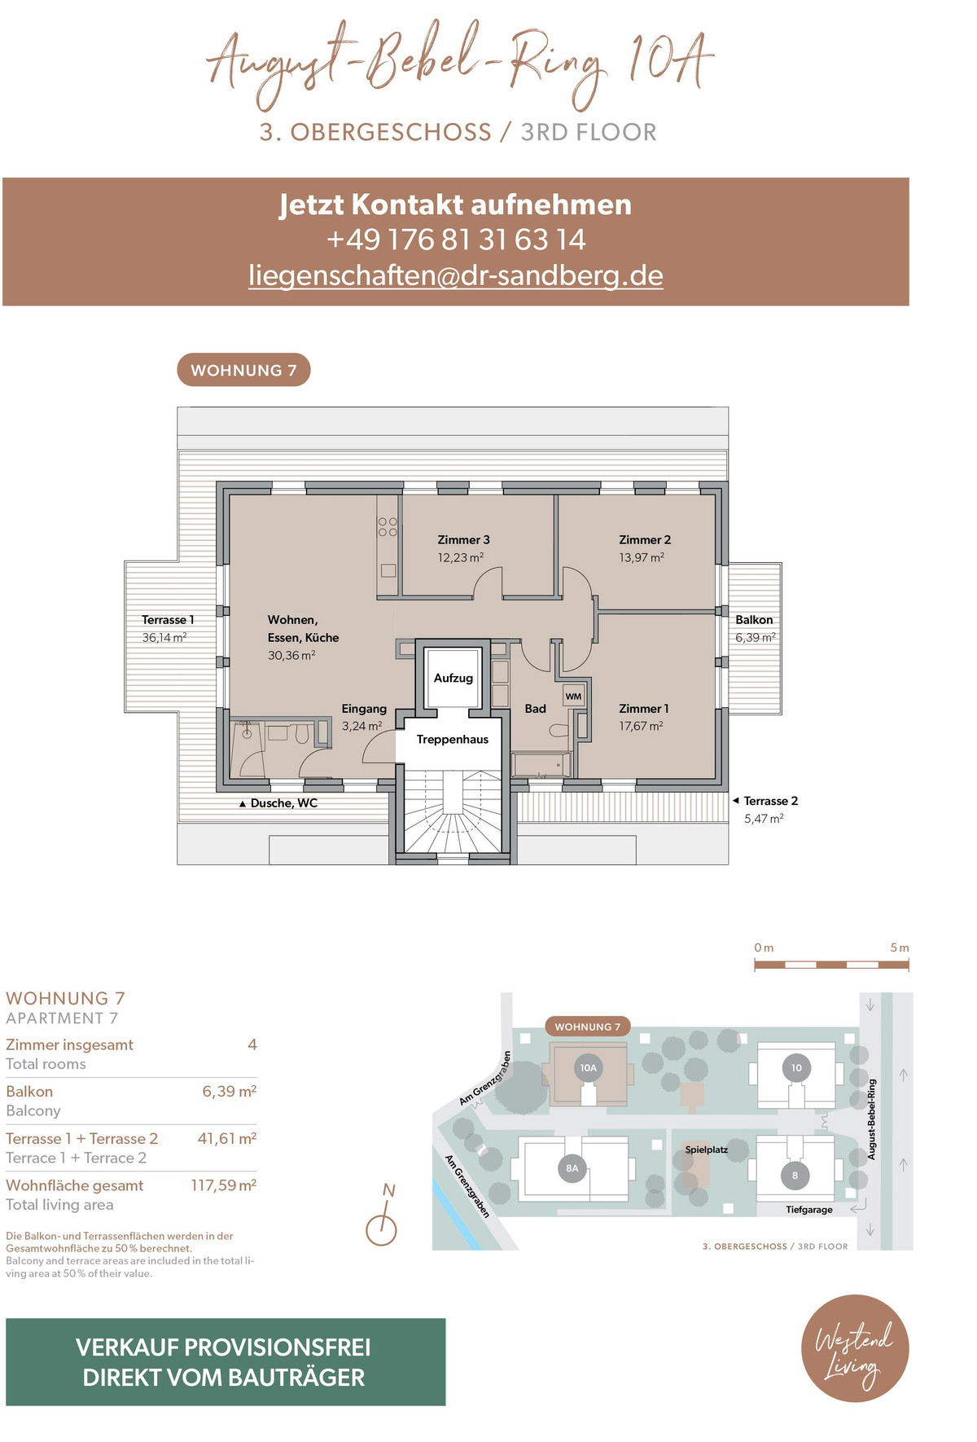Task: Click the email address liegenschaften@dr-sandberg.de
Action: click(456, 275)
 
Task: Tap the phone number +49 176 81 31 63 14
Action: click(456, 240)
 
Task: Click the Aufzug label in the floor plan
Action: click(453, 678)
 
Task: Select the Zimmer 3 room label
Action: click(463, 539)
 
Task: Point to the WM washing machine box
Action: click(574, 697)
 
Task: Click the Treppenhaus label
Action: click(453, 740)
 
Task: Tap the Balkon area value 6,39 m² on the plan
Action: click(756, 638)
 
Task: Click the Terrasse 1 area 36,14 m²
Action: click(164, 638)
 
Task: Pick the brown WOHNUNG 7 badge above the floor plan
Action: click(243, 370)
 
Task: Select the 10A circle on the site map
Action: click(589, 1067)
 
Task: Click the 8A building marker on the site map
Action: click(572, 1168)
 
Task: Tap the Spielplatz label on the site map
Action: click(706, 1150)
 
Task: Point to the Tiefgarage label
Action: click(809, 1210)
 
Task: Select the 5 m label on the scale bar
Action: click(900, 947)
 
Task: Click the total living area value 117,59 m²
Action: click(224, 1185)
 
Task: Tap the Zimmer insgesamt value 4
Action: click(252, 1044)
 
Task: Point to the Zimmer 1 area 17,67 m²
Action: click(641, 726)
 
